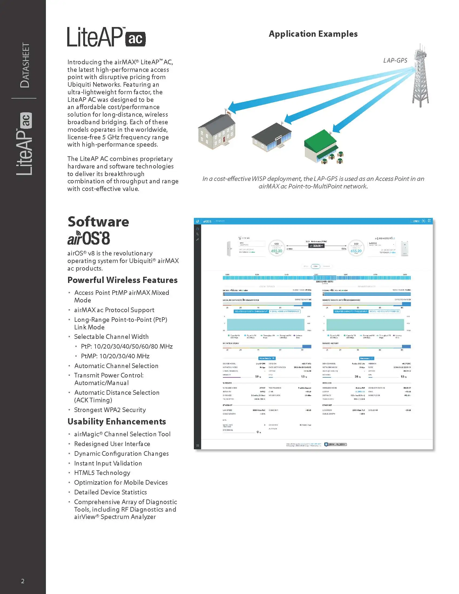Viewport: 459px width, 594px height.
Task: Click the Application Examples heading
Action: pos(313,34)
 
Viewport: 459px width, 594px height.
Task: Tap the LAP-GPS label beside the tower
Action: pos(395,60)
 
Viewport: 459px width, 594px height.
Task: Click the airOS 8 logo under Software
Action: pos(89,238)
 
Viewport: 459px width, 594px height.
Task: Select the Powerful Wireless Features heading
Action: pos(122,280)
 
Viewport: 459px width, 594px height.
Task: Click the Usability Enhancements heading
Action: pos(117,421)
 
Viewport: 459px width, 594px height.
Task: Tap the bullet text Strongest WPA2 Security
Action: pos(110,410)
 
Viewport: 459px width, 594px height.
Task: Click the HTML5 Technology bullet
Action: pos(102,473)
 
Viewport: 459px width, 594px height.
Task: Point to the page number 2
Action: pos(23,581)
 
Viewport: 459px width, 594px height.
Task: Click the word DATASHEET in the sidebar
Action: pos(25,65)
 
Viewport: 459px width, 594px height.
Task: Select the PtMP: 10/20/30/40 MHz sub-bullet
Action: pos(115,356)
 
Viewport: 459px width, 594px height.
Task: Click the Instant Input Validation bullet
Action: pos(108,463)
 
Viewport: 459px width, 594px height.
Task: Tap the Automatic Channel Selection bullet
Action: pos(116,366)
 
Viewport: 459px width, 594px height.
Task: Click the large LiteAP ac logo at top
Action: pos(106,37)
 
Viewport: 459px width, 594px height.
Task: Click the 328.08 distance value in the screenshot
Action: pos(316,246)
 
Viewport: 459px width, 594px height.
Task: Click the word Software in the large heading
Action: pos(98,222)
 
